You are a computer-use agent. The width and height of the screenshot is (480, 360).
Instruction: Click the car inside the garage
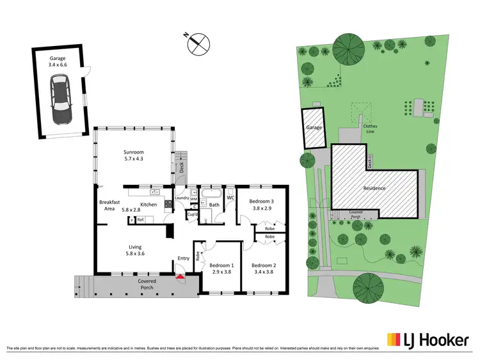point(61,100)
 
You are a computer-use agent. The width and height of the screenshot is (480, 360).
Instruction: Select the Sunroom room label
point(133,156)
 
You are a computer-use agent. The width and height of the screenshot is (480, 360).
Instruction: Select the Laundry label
point(181,198)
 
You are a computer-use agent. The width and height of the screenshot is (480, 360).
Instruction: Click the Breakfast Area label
point(109,205)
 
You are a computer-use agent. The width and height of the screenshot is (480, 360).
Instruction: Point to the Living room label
point(134,251)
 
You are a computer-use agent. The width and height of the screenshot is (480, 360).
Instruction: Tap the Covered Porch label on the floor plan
point(147,285)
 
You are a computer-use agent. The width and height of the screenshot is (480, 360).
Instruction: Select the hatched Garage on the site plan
point(314,128)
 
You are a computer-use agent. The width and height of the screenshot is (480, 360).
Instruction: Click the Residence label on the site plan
point(374,188)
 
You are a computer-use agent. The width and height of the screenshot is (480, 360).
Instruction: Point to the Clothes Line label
point(370,129)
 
